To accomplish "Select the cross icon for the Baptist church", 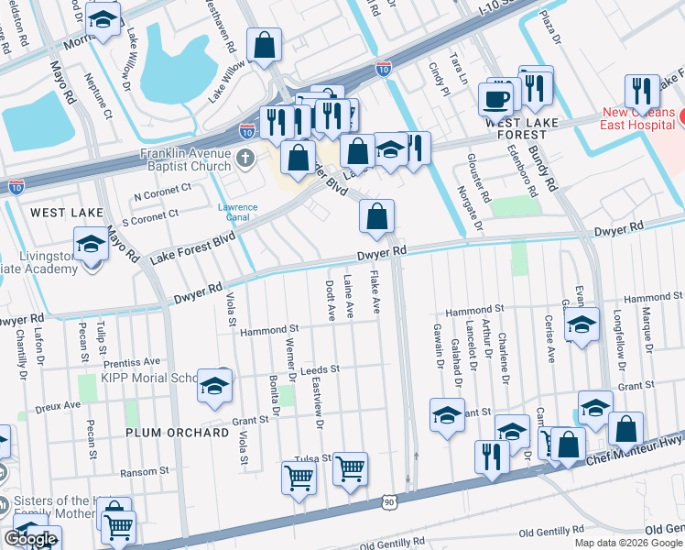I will (245, 159).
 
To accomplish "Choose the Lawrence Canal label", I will (237, 213).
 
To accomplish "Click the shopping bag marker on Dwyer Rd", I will (376, 217).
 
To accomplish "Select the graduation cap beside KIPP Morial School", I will (214, 387).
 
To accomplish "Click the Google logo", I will (31, 539).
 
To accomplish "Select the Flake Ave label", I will (375, 293).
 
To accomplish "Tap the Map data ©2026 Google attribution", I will (627, 543).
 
